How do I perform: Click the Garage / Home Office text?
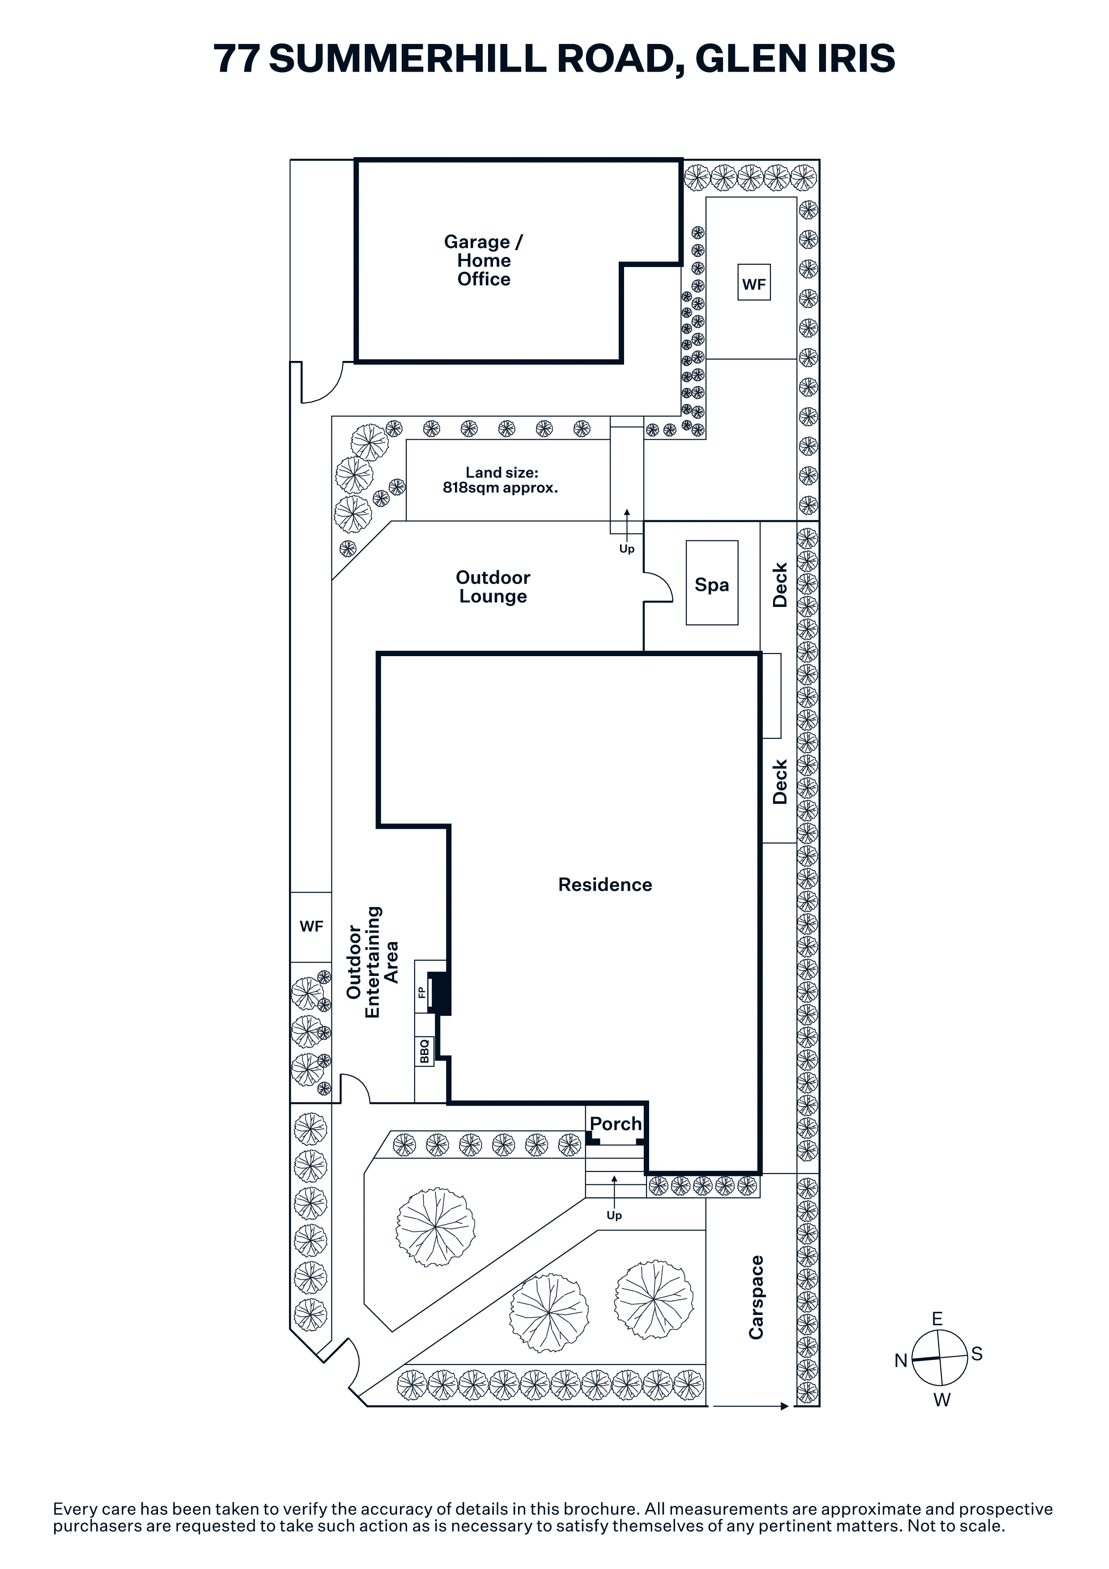pyautogui.click(x=484, y=260)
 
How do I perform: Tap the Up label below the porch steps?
pyautogui.click(x=614, y=1216)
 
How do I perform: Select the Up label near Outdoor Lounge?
pyautogui.click(x=627, y=549)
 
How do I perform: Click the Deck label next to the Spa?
pyautogui.click(x=780, y=585)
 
